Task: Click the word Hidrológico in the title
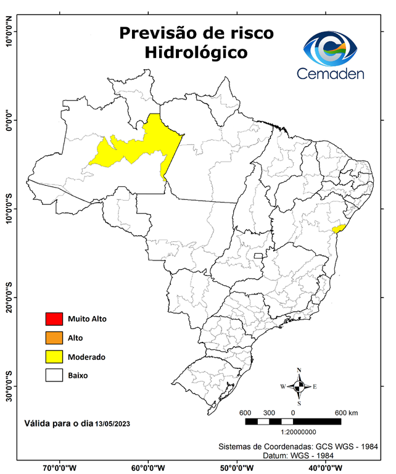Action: coord(196,53)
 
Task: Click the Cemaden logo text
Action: coord(330,74)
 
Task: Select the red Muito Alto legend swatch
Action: coord(54,319)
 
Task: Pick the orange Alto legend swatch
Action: coord(54,338)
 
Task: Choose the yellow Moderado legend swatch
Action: coord(54,357)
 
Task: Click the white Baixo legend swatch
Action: coord(54,375)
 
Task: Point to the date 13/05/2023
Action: coord(112,424)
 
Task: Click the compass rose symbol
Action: coord(299,386)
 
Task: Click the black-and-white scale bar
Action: coord(293,422)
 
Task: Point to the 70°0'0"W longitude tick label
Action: coord(60,467)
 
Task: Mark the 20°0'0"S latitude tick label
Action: coord(9,297)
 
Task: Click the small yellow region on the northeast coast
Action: coord(337,228)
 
